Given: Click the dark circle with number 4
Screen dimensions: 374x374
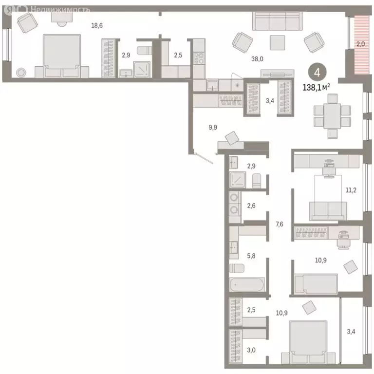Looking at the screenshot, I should click(317, 73).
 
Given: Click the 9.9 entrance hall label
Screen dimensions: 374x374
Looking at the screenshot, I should click(213, 128).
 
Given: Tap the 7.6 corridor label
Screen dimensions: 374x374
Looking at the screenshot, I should click(280, 224).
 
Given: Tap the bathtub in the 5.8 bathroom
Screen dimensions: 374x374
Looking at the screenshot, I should click(247, 284).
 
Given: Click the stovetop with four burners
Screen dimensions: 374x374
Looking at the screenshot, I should click(199, 58).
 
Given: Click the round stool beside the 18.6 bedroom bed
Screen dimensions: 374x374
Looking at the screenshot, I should click(21, 73).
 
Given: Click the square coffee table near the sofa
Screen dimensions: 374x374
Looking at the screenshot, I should click(277, 43).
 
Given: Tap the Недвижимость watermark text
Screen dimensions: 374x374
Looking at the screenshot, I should click(60, 9).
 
